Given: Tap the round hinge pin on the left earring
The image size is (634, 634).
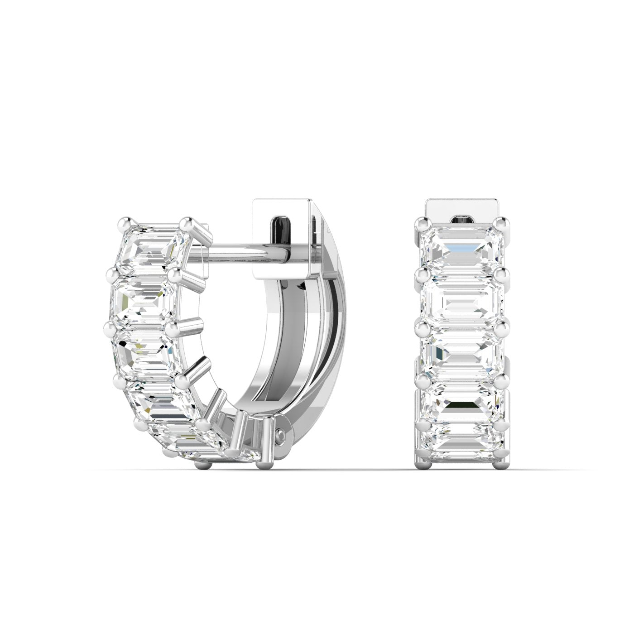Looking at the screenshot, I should coord(281,435).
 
